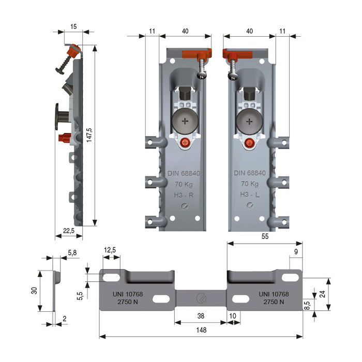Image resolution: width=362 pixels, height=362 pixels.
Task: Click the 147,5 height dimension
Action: (89, 136)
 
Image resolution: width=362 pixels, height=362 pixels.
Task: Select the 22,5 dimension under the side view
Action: (68, 231)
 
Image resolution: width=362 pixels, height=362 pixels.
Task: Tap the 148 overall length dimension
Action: (201, 330)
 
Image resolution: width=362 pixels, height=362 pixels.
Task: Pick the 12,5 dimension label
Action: (110, 250)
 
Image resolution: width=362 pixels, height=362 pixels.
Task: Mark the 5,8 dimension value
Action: (73, 252)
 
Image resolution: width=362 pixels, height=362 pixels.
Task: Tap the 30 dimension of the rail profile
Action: (33, 291)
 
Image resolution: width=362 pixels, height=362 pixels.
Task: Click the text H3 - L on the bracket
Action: (249, 194)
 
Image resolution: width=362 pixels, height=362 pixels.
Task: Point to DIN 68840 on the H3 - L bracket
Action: (249, 173)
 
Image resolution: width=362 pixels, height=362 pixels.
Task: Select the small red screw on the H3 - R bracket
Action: (185, 143)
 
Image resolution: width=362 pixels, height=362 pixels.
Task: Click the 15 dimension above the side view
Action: (74, 25)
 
